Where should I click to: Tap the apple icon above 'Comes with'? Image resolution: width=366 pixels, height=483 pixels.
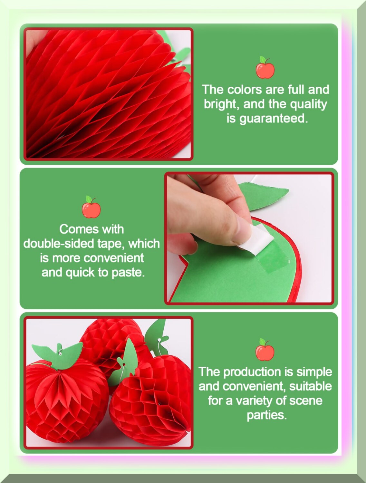click(91, 207)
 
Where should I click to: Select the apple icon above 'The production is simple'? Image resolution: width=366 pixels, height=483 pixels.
click(265, 350)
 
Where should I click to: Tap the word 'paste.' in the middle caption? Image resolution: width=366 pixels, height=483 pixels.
click(128, 273)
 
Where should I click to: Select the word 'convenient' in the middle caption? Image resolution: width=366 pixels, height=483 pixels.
click(114, 258)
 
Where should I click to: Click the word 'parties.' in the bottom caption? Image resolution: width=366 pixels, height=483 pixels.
click(266, 415)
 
